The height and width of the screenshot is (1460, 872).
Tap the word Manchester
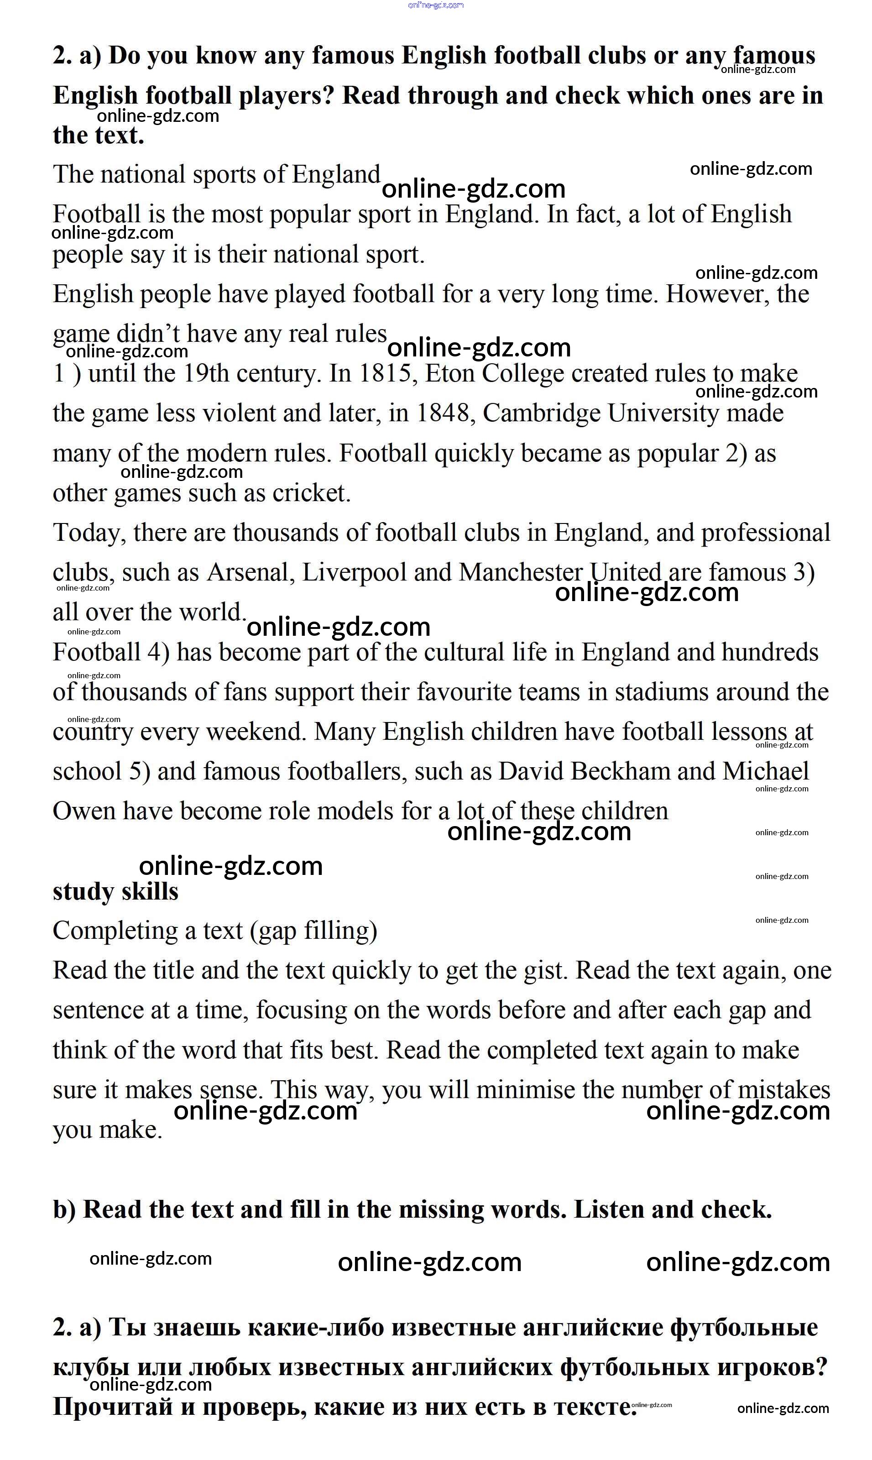521,573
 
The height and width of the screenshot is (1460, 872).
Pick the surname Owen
84,812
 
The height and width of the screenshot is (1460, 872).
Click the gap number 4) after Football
158,653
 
